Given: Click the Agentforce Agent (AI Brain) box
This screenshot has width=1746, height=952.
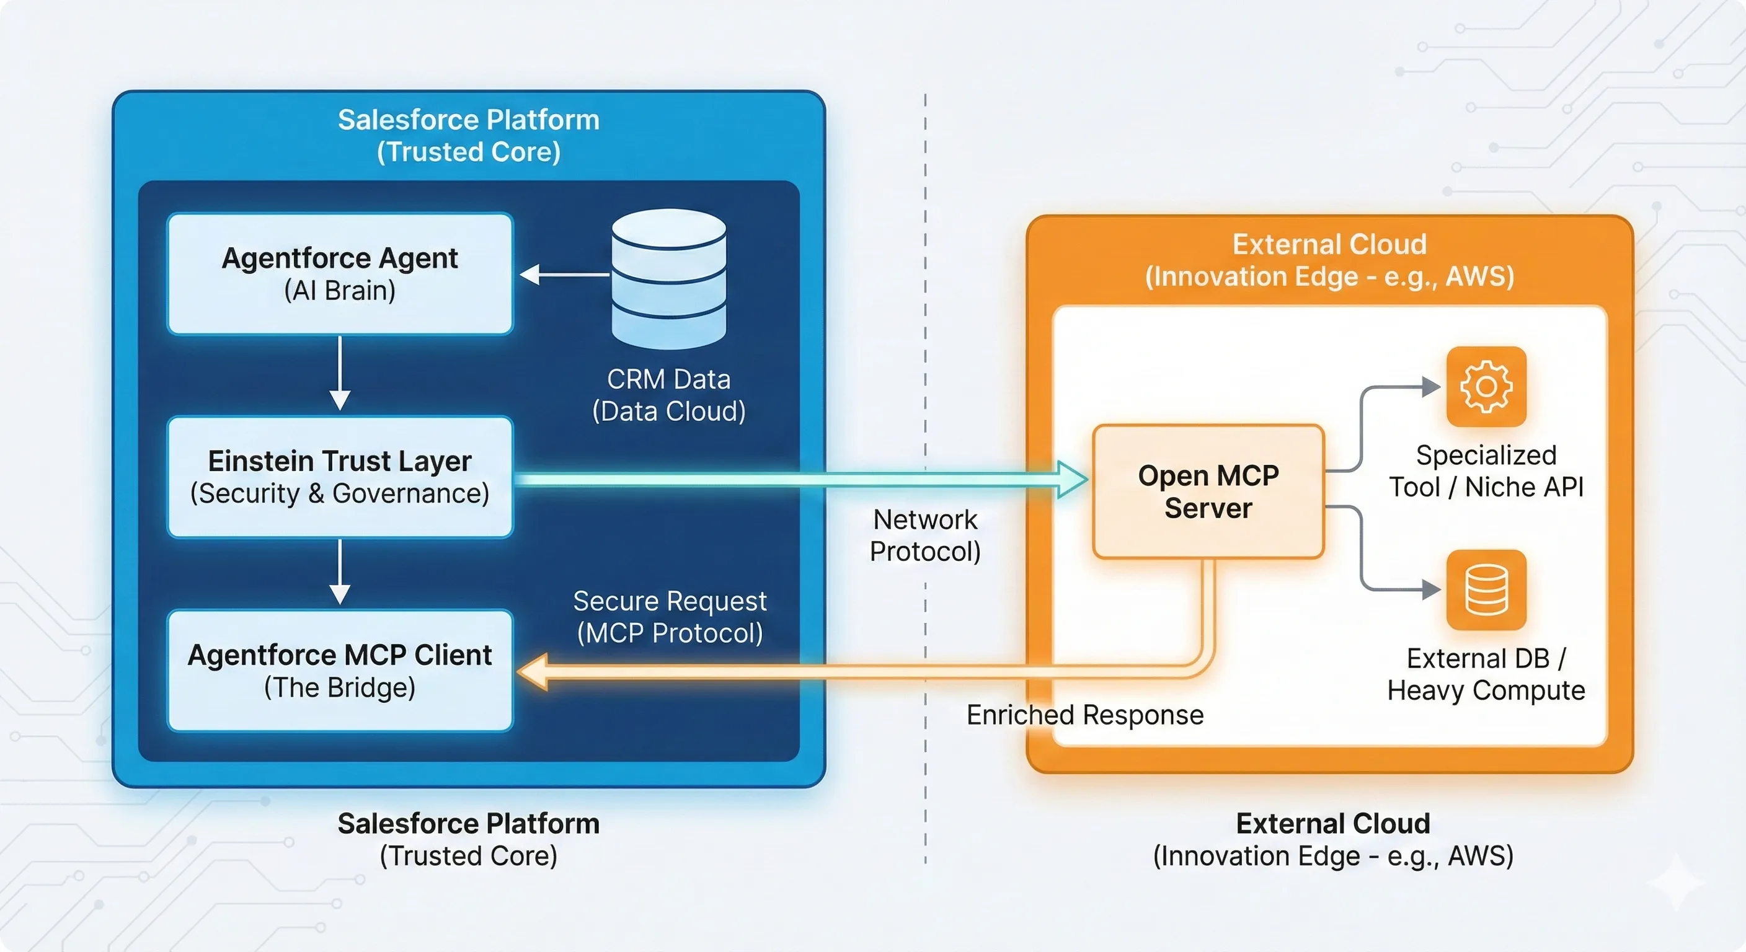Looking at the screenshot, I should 340,274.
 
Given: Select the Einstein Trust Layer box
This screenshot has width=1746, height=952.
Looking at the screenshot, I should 340,477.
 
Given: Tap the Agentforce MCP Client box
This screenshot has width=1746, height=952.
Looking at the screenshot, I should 340,670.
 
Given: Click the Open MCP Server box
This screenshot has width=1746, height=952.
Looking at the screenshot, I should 1208,491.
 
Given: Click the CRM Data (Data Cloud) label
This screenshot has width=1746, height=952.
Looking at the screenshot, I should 668,395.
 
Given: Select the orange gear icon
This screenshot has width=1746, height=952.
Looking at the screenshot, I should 1486,387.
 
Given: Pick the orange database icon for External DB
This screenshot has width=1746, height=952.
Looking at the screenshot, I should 1486,589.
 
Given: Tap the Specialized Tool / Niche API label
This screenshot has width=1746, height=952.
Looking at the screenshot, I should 1486,471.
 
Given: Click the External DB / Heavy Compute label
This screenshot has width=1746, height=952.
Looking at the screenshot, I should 1486,674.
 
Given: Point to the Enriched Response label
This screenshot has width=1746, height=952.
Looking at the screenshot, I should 1084,715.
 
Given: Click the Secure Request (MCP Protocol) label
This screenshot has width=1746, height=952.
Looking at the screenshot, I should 670,617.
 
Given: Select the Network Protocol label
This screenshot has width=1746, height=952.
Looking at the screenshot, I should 925,535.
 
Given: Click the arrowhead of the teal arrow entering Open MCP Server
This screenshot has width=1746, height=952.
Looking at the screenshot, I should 1072,480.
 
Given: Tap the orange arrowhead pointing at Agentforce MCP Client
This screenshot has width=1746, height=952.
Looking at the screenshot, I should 533,671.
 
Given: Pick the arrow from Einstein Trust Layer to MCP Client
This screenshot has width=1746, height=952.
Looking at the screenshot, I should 340,573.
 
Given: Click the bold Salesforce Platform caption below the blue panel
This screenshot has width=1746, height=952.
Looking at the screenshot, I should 468,824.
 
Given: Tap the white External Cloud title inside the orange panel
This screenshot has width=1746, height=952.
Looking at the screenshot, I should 1329,245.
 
